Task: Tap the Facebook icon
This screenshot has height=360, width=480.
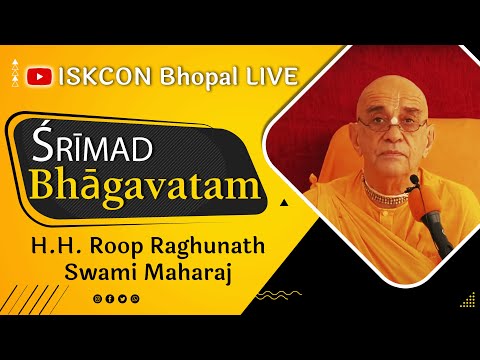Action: pos(109,298)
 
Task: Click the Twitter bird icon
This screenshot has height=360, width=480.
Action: pos(121,298)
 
